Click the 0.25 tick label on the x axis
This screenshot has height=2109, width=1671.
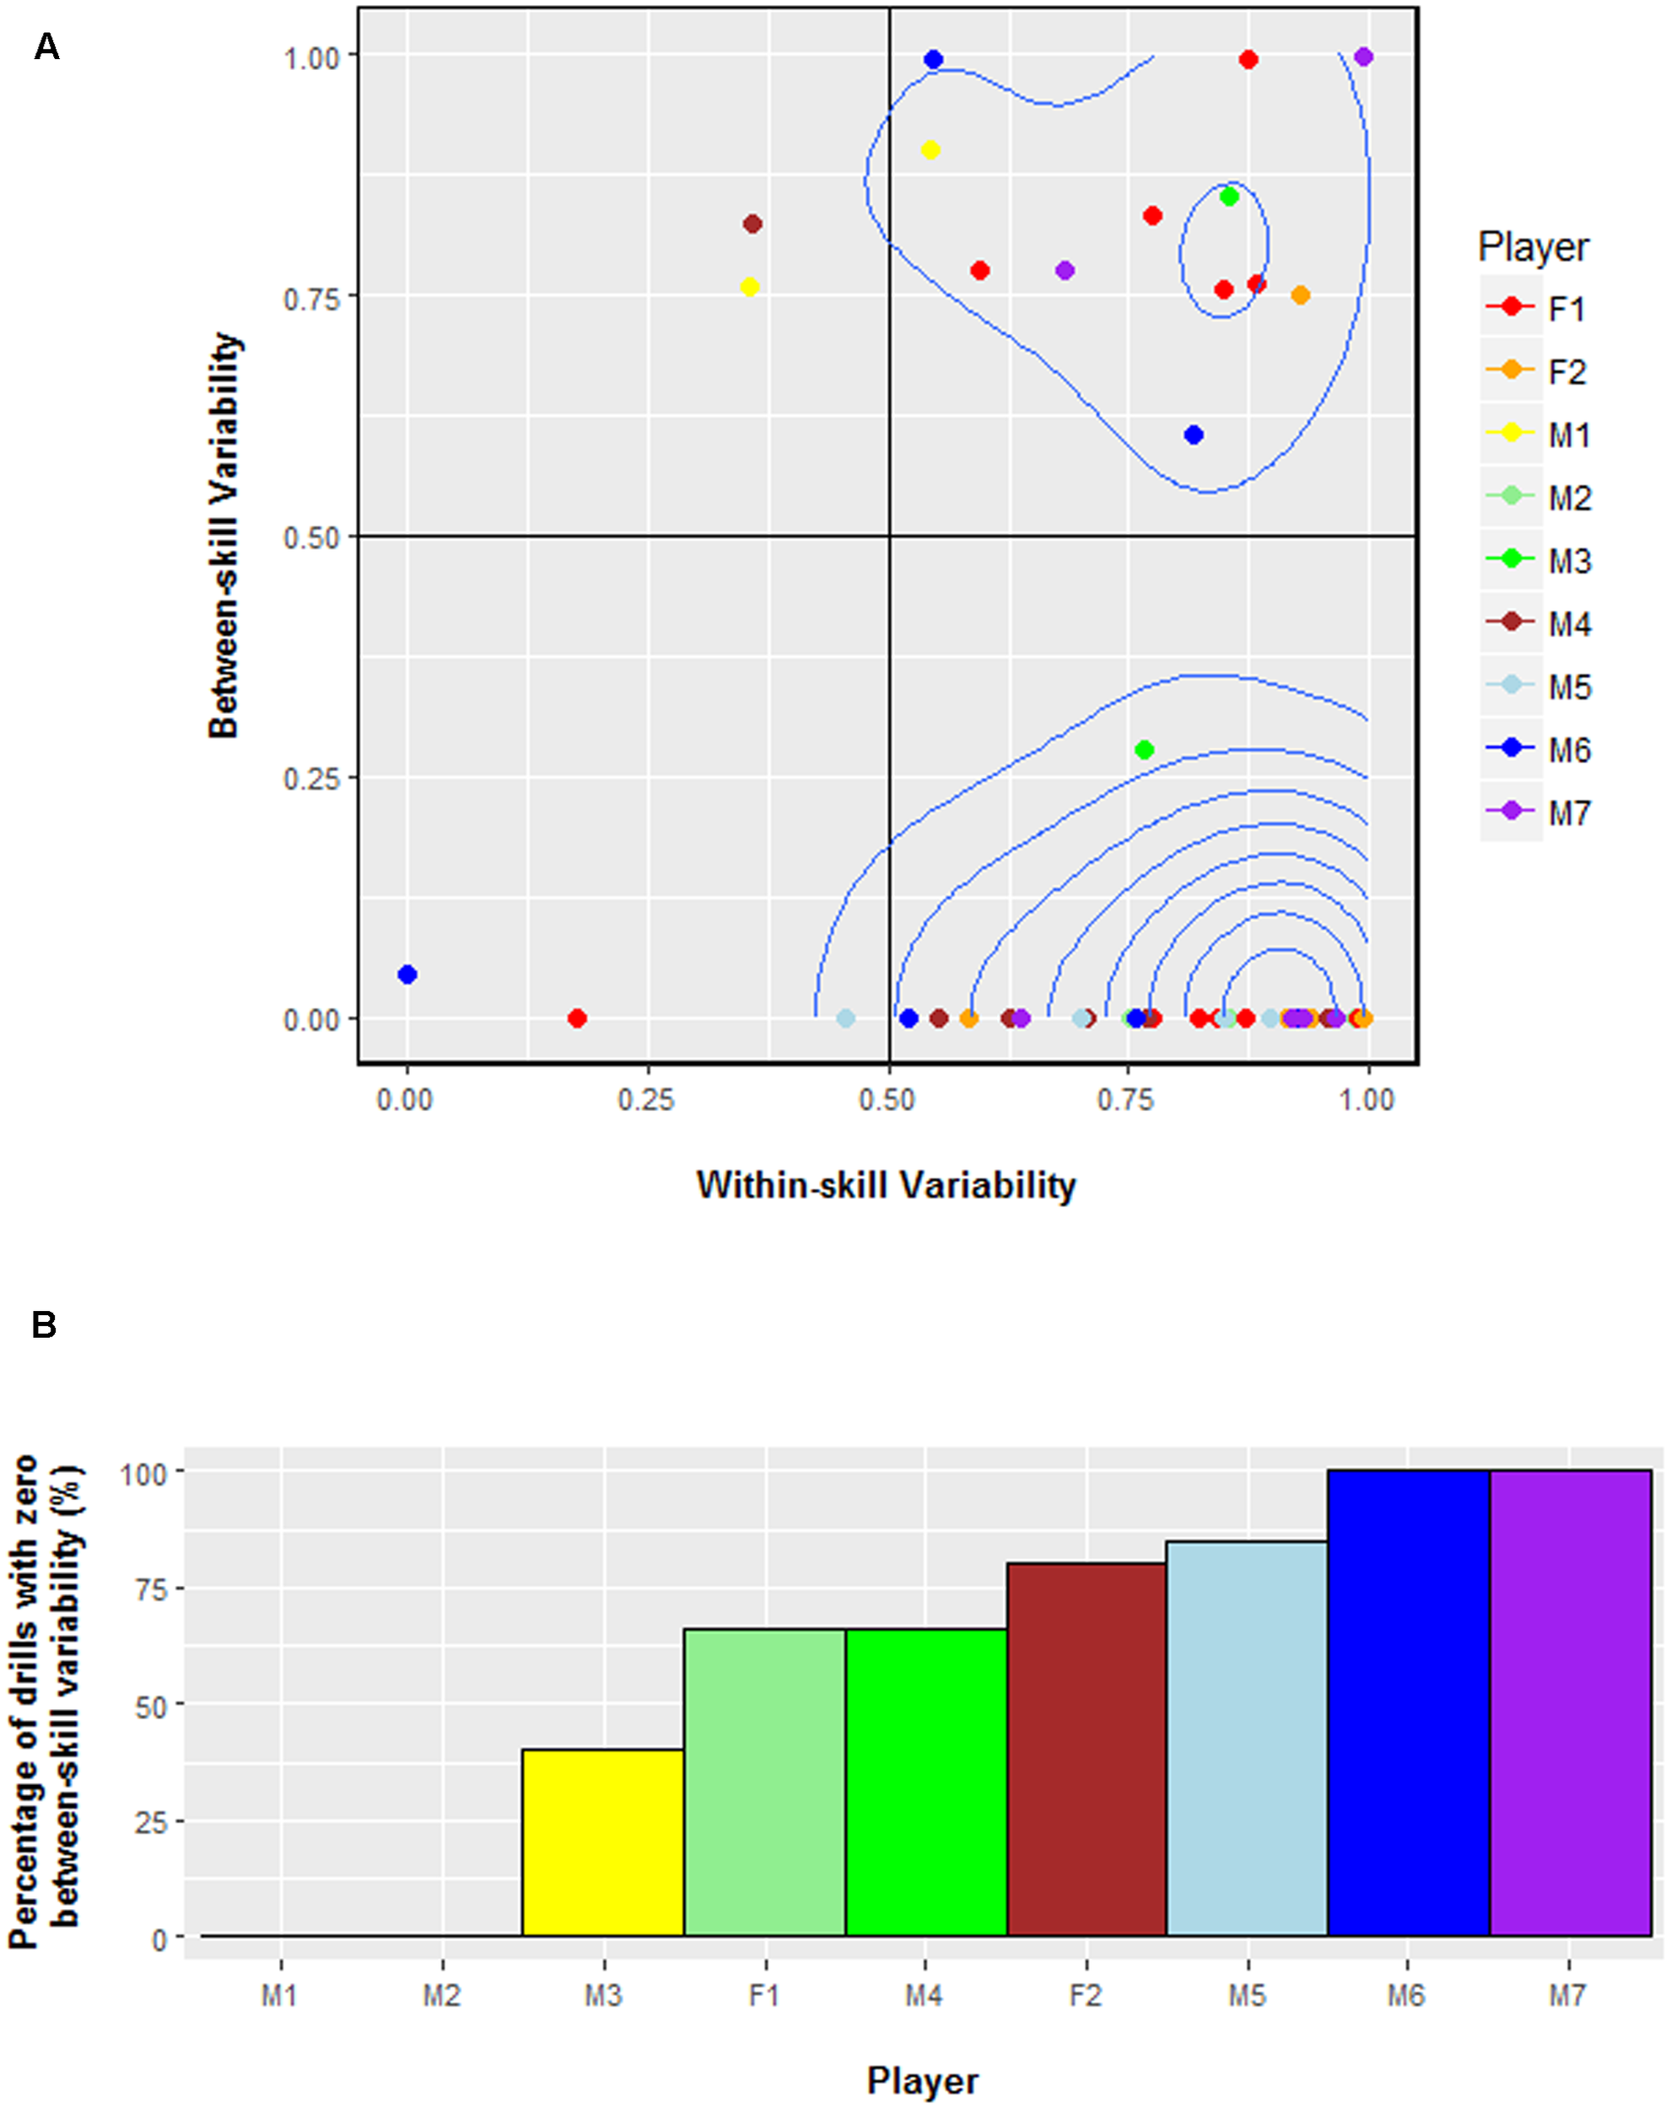click(645, 1099)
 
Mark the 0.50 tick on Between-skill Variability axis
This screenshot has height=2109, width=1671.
click(310, 537)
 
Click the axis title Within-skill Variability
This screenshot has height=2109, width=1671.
click(886, 1185)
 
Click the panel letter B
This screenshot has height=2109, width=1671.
click(44, 1324)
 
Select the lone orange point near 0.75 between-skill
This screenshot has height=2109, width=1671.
click(1300, 295)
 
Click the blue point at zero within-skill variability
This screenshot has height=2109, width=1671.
click(408, 974)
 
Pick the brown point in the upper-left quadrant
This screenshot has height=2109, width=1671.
click(752, 224)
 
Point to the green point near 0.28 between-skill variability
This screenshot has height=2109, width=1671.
click(1145, 750)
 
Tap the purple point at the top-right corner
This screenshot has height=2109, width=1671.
click(1364, 57)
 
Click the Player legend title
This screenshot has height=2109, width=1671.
click(1533, 246)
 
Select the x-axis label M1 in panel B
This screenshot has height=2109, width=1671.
click(280, 1994)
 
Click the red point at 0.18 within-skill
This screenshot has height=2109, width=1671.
click(577, 1018)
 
